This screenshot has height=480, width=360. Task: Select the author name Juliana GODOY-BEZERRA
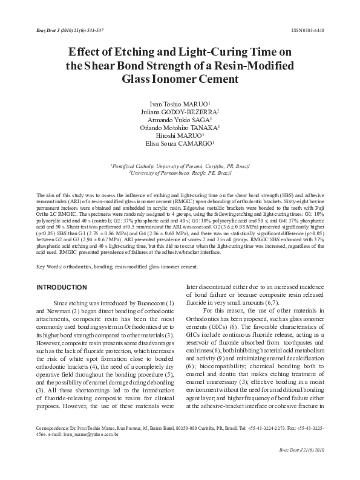(180, 112)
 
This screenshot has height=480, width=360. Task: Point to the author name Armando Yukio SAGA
(180, 120)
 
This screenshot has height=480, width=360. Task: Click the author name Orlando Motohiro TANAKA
(180, 128)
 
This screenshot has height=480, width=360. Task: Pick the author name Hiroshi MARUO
(180, 137)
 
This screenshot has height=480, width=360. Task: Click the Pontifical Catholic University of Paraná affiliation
(180, 165)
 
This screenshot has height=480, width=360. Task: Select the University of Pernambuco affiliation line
(180, 173)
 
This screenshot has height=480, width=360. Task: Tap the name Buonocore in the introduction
(148, 302)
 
